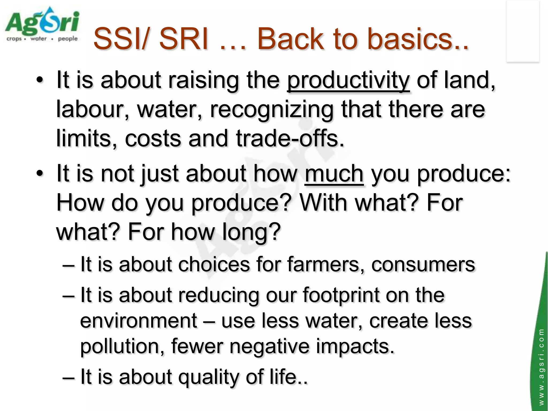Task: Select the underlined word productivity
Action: pos(348,80)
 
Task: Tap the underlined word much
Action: pos(334,174)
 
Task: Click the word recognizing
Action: pos(272,109)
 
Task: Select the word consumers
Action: pos(423,265)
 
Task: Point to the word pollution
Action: pos(122,346)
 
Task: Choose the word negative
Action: pos(269,346)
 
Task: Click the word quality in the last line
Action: pos(209,377)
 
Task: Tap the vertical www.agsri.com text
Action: pos(541,367)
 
